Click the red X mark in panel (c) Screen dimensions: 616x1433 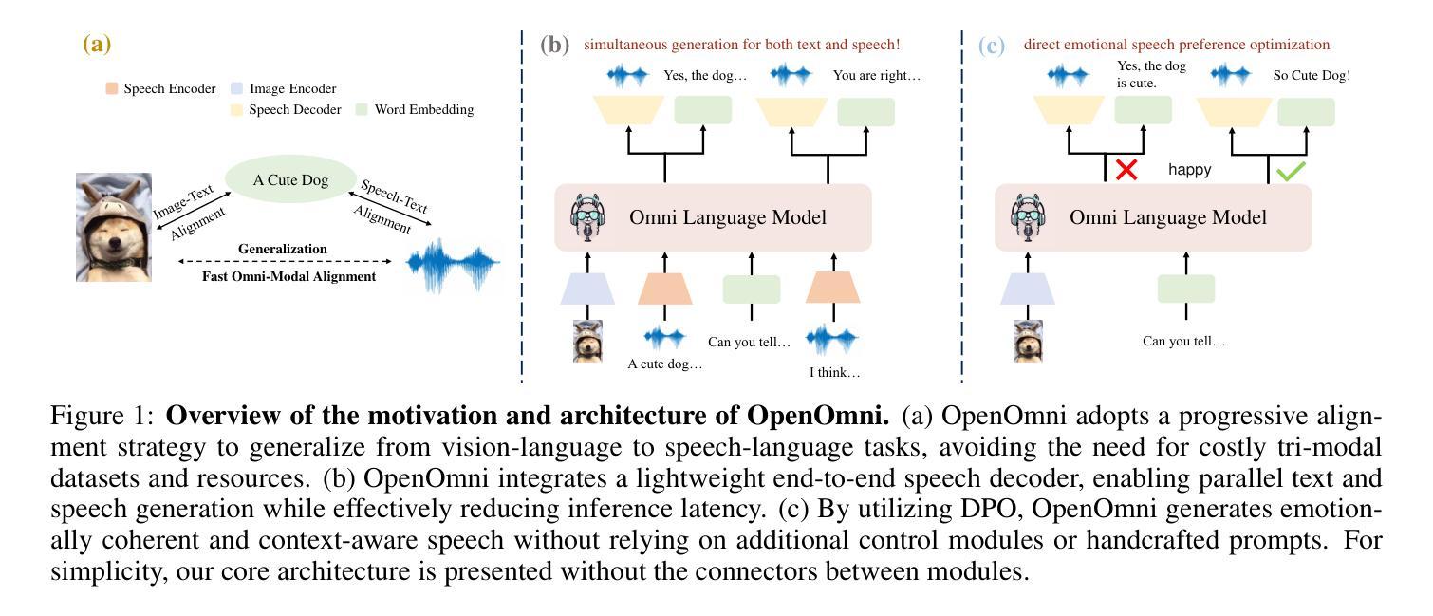point(1126,170)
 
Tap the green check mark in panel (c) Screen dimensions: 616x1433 point(1291,172)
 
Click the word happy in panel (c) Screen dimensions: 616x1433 point(1189,170)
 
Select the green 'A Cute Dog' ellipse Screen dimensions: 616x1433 point(290,180)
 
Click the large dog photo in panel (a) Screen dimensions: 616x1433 point(114,227)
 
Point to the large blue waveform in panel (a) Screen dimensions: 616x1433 point(453,263)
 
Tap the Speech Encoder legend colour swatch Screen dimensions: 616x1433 point(112,89)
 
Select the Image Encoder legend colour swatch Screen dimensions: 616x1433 point(237,89)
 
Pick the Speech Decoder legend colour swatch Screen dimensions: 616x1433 point(237,110)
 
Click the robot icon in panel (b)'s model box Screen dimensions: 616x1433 point(586,217)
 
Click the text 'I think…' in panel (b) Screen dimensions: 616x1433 point(834,373)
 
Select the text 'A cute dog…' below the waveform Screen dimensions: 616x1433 point(664,364)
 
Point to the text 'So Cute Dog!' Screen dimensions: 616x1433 point(1312,75)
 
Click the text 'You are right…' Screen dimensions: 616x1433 point(876,75)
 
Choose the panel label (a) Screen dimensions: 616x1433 point(97,44)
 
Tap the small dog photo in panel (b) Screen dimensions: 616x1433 point(587,341)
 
